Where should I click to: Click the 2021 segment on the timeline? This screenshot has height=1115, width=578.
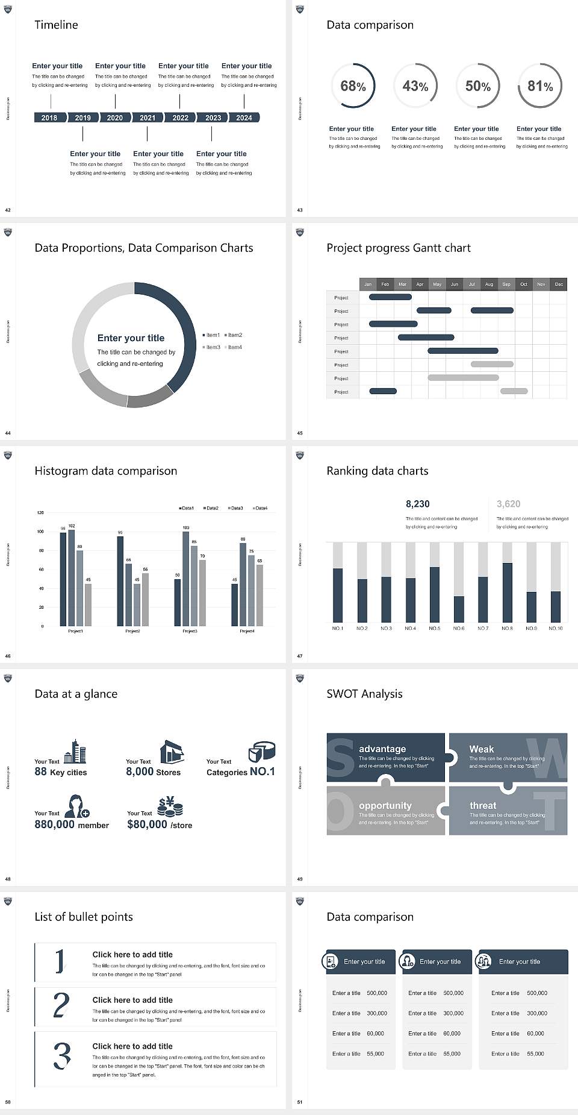148,118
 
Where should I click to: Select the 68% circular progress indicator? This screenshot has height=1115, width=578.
353,86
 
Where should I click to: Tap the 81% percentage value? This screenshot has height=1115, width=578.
539,86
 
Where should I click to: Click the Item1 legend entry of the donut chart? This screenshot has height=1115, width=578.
212,335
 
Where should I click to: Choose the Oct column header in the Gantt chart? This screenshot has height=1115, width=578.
524,284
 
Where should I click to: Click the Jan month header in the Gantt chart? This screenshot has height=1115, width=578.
368,284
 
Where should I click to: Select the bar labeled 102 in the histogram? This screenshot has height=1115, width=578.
72,576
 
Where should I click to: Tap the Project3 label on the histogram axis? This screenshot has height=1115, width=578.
190,631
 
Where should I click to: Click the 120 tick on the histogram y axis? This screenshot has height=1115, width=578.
40,513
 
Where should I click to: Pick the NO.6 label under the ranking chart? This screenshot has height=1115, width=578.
459,628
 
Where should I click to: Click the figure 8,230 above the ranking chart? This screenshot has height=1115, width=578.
417,504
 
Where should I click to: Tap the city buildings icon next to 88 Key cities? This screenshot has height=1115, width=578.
75,752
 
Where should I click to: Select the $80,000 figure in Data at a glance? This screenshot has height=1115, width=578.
147,824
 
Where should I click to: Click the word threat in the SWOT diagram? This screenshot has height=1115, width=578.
483,805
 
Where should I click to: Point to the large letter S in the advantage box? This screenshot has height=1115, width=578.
340,758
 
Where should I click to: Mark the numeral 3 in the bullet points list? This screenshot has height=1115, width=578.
61,1055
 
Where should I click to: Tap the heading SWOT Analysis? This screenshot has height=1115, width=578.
364,694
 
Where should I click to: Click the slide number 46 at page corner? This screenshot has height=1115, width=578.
8,656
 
